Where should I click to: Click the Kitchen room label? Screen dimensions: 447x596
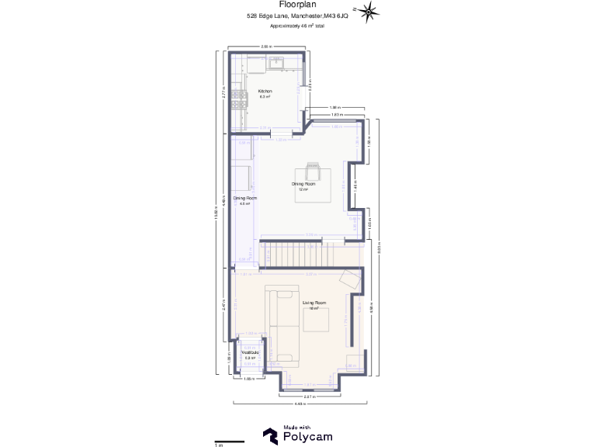pos(265,91)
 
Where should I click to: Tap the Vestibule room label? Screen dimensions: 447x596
pos(250,352)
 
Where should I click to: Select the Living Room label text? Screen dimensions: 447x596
pos(314,302)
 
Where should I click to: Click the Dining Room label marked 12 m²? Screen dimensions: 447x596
pos(303,184)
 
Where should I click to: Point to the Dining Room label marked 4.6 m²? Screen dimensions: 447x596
pos(245,199)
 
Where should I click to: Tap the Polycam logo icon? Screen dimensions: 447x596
pos(271,437)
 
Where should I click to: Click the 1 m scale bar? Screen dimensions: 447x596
pos(230,442)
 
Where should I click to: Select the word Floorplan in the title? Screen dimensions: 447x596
pos(297,4)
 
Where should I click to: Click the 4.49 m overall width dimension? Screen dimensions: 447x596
pos(298,404)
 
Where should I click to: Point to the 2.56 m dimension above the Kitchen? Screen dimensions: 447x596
pos(266,47)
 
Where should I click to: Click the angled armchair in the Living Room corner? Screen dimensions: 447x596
pos(349,279)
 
